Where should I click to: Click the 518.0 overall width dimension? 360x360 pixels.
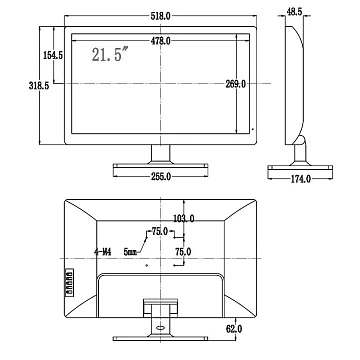[160, 17]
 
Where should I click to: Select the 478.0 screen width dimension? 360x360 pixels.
[160, 41]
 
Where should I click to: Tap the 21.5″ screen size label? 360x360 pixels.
[110, 54]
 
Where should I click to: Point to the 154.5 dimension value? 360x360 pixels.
[53, 55]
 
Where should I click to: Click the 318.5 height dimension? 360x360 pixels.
[39, 86]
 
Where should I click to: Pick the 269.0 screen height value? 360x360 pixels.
[235, 84]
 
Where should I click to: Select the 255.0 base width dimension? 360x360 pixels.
[161, 176]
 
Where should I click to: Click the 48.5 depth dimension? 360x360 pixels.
[294, 12]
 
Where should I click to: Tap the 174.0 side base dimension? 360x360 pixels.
[301, 179]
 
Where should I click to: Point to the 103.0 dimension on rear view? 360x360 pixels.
[184, 219]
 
